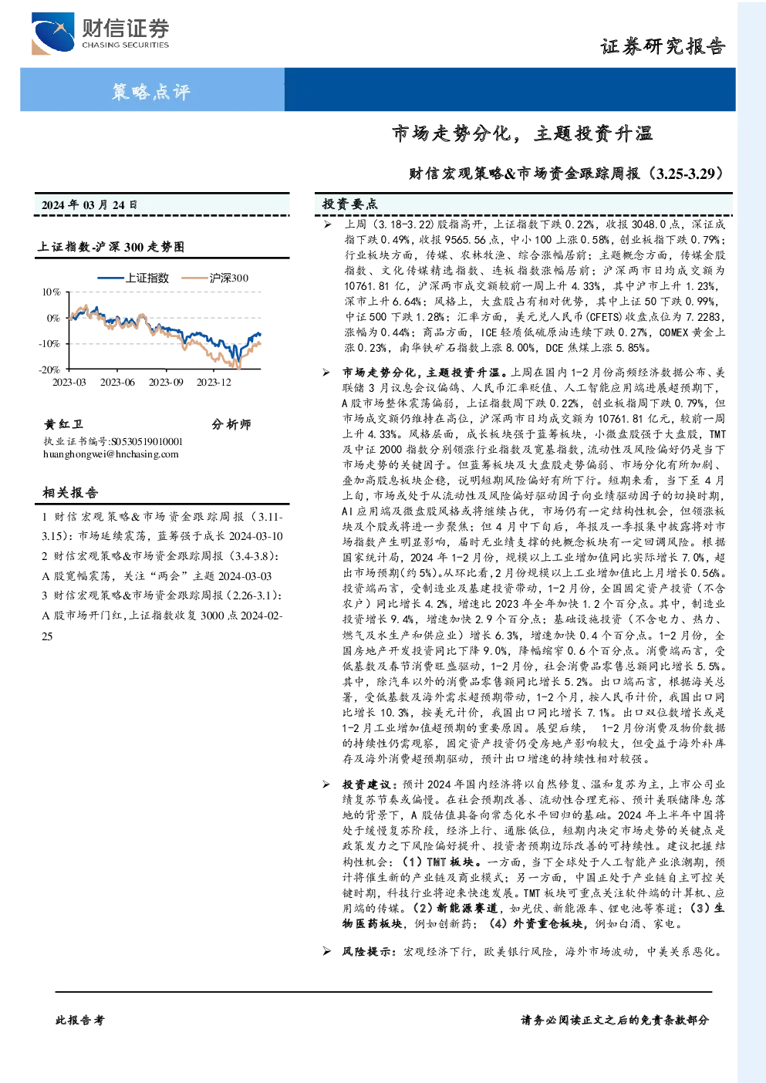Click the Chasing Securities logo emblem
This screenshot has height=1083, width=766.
coord(52,33)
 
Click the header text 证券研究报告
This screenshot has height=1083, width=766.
coord(663,46)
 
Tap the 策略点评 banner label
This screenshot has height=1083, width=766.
coord(151,91)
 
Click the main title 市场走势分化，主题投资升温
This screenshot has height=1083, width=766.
coord(522,133)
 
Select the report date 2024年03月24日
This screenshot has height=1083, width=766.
coord(89,204)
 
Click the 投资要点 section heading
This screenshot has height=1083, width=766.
coord(350,204)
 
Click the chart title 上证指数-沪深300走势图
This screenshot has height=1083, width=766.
coord(111,247)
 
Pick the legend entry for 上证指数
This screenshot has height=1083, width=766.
coord(133,278)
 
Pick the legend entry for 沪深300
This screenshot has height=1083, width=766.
coord(215,278)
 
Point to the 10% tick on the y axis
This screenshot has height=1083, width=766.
coord(51,292)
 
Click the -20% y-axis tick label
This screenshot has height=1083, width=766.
coord(49,369)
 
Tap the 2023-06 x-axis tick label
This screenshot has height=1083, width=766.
coord(117,382)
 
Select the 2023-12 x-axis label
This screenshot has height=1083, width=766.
coord(214,382)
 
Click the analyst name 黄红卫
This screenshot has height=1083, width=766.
coord(63,424)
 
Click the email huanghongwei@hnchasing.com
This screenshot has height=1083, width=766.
coord(111,454)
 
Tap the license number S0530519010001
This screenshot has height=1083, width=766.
coord(147,441)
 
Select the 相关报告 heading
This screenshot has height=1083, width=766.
coord(71,493)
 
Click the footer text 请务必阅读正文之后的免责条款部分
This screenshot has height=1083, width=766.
coord(615,1021)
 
